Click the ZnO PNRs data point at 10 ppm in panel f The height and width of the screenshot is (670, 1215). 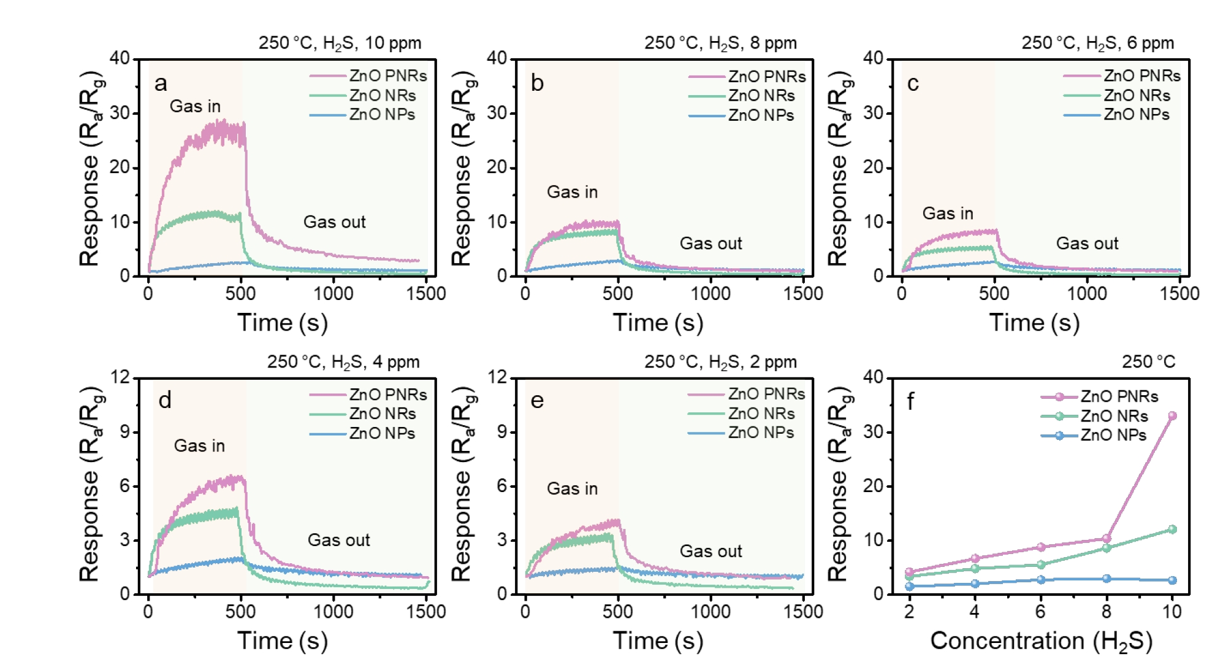click(1172, 416)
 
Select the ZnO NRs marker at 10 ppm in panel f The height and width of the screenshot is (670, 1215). click(1172, 529)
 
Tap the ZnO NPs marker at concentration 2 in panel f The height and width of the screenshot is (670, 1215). click(910, 586)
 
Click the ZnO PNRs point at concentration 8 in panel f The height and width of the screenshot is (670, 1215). click(1106, 539)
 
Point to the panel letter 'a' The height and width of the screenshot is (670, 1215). click(161, 83)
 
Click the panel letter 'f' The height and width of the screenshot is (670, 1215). click(910, 402)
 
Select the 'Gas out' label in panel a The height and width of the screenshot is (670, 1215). click(334, 222)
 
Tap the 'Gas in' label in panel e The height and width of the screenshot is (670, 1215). click(572, 489)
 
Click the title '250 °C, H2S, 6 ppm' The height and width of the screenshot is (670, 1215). click(1097, 44)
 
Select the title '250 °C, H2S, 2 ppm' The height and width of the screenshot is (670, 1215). click(720, 362)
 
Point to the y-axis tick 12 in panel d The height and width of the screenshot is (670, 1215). click(120, 377)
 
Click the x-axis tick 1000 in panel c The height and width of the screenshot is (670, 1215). click(1087, 293)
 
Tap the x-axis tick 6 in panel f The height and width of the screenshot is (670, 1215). click(1040, 612)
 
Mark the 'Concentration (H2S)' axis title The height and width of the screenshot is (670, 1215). click(1041, 641)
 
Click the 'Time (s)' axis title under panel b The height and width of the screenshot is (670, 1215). click(658, 323)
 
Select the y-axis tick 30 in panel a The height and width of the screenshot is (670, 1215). click(120, 114)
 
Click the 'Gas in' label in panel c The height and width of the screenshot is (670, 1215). click(948, 214)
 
